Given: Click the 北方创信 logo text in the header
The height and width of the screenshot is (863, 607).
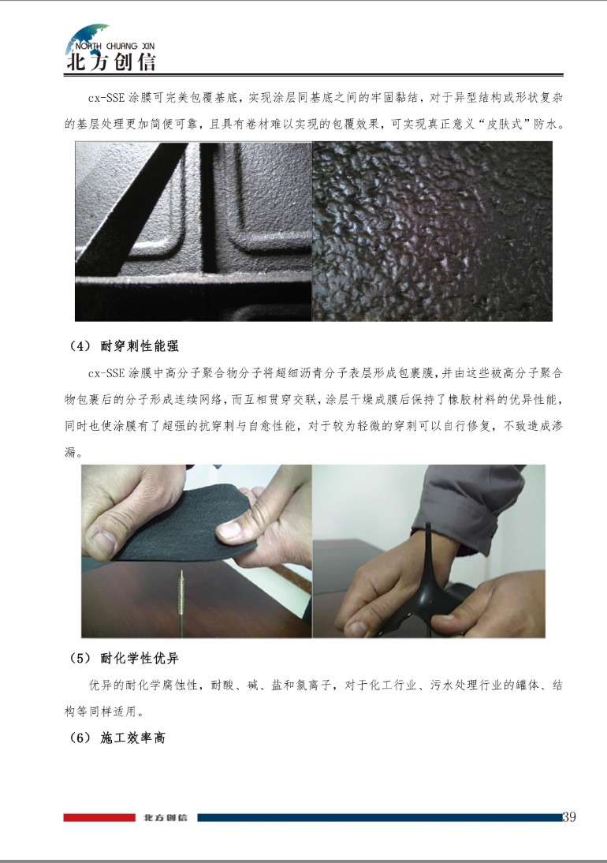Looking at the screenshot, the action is [x=110, y=62].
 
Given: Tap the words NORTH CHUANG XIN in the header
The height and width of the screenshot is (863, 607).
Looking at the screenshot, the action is [x=114, y=47].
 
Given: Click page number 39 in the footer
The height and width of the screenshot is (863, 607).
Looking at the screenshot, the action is [x=569, y=816].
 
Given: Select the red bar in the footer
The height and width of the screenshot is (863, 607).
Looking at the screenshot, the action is [x=99, y=817].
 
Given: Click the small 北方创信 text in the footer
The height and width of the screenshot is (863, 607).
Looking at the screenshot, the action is [x=165, y=817].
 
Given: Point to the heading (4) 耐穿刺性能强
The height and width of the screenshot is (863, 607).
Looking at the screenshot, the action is [x=124, y=346].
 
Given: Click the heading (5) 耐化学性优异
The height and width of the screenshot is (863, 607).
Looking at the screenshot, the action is [x=124, y=658].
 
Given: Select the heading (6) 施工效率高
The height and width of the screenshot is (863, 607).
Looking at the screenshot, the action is [x=117, y=738].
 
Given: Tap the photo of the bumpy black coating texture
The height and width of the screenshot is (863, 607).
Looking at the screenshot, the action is [x=432, y=231].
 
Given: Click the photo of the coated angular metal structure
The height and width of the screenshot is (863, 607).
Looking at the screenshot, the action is [x=194, y=231].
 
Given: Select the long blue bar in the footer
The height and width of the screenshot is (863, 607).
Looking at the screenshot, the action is [x=379, y=817].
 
